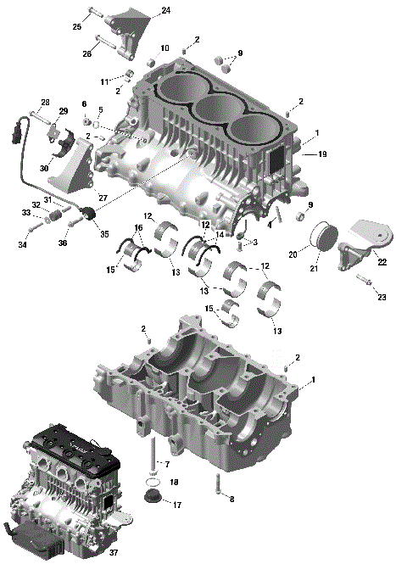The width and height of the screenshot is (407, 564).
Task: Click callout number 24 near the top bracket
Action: tap(165, 10)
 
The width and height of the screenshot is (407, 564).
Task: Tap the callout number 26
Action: tap(86, 53)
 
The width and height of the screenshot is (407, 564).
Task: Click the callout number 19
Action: tap(321, 154)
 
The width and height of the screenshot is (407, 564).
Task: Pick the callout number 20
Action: tap(293, 254)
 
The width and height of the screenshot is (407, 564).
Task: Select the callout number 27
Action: tap(103, 198)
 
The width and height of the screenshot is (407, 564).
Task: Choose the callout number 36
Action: tap(63, 243)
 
